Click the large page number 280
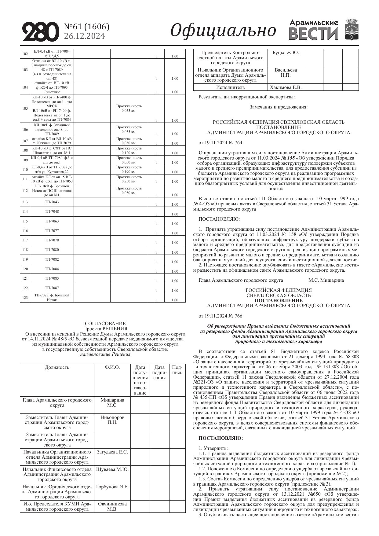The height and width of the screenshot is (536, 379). tap(40, 31)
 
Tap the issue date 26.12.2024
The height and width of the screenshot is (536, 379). tap(84, 36)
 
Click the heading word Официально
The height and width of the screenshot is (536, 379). tap(223, 31)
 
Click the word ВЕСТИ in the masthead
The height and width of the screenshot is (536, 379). tap(314, 34)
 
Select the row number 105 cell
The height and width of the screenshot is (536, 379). tap(25, 108)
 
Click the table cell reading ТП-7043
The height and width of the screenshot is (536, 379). tap(52, 202)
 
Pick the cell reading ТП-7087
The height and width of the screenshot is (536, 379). tap(52, 288)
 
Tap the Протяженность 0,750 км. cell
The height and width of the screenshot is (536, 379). tap(129, 179)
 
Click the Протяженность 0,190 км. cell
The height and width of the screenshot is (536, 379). tap(129, 170)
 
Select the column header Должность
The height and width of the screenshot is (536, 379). tap(57, 367)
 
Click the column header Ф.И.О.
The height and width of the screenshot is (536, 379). tap(112, 367)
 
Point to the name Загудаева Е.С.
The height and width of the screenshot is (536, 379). tap(112, 452)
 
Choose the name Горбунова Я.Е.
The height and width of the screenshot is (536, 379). tap(112, 487)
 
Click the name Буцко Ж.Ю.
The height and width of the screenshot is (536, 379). tap(286, 53)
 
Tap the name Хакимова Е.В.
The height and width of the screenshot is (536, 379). tap(286, 87)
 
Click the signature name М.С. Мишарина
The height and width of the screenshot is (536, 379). tap(326, 280)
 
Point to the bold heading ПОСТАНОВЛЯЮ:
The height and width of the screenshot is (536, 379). tap(220, 438)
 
